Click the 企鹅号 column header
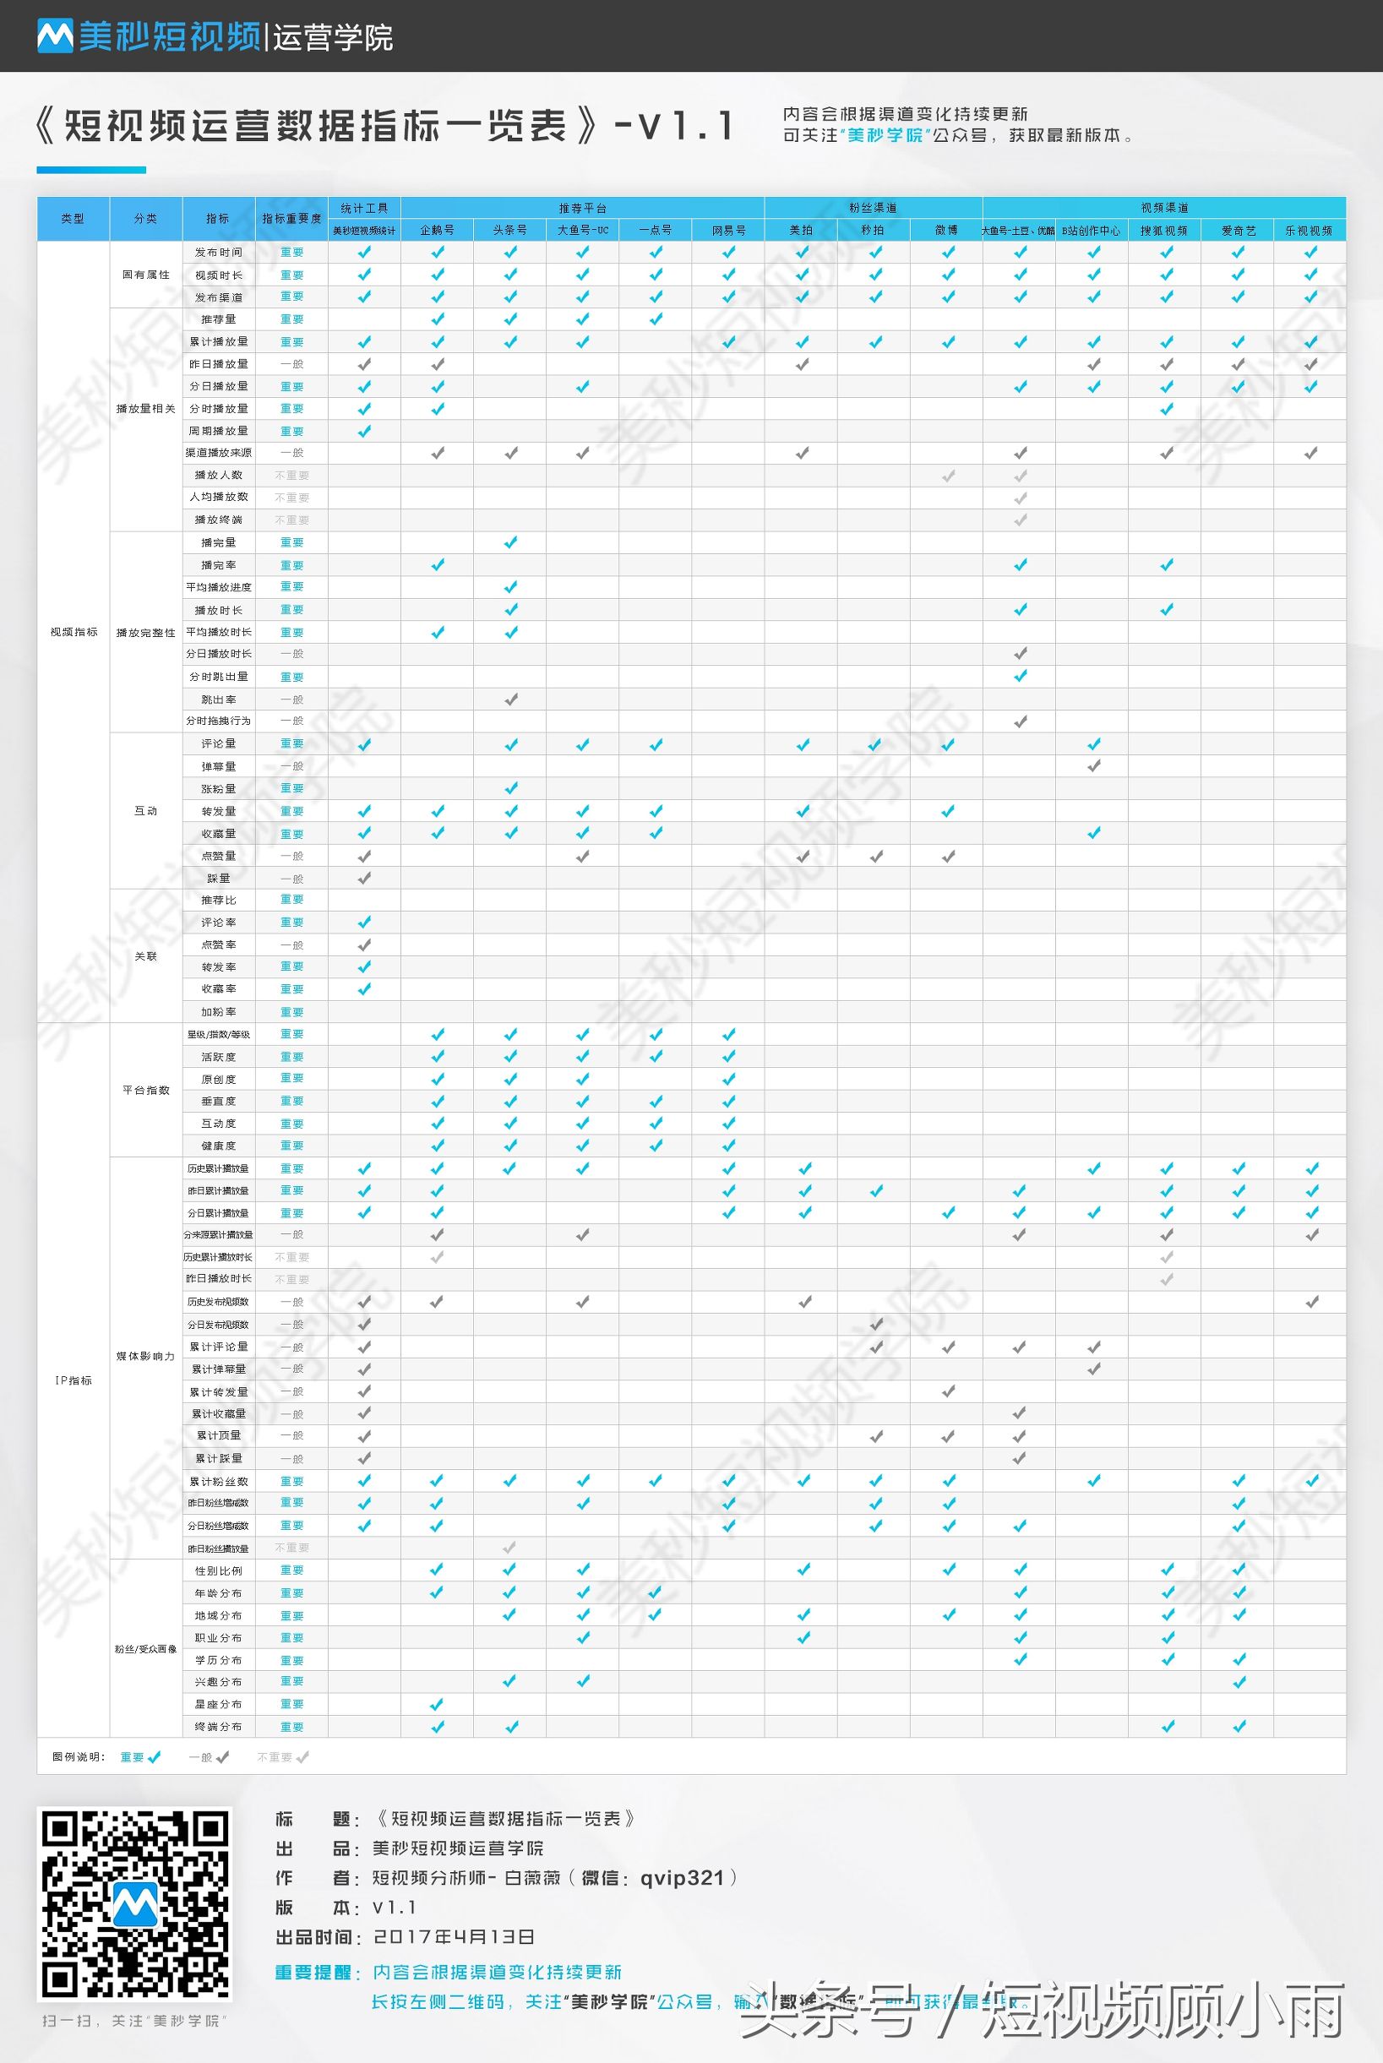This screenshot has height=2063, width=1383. [437, 230]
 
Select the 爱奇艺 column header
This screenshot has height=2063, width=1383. [1238, 230]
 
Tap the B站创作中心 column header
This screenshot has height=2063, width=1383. [1091, 230]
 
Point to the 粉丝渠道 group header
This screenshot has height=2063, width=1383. [874, 208]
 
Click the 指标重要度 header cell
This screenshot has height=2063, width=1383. [291, 219]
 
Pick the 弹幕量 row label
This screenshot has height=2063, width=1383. [218, 766]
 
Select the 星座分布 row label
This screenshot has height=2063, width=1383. [218, 1704]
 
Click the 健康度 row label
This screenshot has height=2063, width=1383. [218, 1146]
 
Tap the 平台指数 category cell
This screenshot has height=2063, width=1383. [145, 1090]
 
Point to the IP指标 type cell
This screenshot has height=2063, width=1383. [74, 1380]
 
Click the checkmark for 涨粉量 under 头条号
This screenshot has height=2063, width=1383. [510, 788]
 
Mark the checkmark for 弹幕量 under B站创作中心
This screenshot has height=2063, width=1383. [1094, 766]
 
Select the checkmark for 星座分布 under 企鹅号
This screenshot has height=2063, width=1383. [437, 1704]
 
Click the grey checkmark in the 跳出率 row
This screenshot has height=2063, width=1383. [510, 699]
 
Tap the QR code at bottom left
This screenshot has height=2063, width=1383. [135, 1903]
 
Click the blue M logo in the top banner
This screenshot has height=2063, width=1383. [55, 36]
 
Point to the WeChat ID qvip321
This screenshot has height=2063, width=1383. [682, 1878]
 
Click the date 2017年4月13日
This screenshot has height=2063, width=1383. [454, 1937]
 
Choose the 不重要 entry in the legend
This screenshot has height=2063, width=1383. [282, 1757]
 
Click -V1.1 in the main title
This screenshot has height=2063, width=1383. [674, 126]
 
